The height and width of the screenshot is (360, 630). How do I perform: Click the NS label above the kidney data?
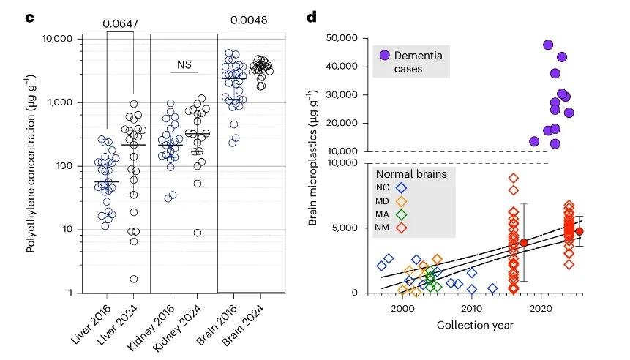pos(184,65)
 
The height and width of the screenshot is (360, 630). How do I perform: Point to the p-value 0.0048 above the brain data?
pos(247,20)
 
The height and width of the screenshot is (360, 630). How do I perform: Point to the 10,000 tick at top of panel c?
pos(62,39)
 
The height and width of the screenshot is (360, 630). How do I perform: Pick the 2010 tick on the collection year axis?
pos(472,307)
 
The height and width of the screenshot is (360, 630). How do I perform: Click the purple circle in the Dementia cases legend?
pos(384,55)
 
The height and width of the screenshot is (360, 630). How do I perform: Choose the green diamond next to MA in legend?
pos(400,215)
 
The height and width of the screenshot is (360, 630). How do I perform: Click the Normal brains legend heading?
pos(410,174)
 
